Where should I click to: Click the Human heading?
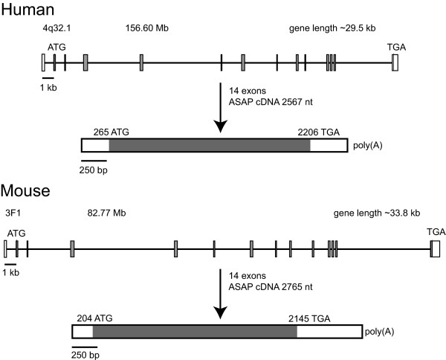coord(28,10)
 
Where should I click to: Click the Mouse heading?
coord(25,190)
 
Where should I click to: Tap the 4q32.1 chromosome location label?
coord(56,28)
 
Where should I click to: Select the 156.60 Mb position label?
coord(147,28)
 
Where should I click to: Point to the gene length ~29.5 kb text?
coord(332,28)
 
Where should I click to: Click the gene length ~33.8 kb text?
coord(377,213)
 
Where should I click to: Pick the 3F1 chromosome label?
coord(13,213)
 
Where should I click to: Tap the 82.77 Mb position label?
coord(106,213)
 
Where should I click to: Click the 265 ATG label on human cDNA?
coord(111,132)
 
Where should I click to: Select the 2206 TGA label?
coord(319,132)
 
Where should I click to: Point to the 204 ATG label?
coord(94,318)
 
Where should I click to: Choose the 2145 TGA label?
coord(309,319)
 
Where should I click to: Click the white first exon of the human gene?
coord(43,62)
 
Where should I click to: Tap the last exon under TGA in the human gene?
coord(395,62)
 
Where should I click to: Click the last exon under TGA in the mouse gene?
coord(435,249)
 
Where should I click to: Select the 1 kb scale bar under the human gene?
coord(48,77)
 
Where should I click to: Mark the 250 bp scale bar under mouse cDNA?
coord(85,347)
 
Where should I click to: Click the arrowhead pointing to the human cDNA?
coord(220,126)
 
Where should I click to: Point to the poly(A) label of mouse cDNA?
coord(379,332)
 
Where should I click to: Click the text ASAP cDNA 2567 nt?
coord(271,102)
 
